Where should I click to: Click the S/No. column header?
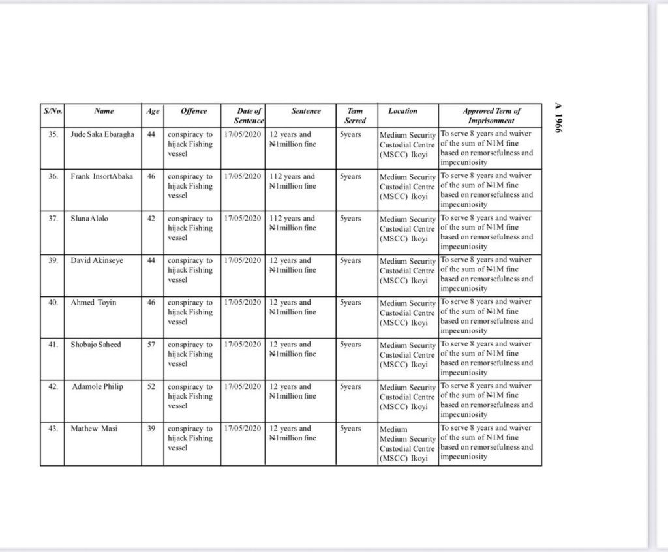tap(52, 112)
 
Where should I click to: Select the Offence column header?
tap(194, 112)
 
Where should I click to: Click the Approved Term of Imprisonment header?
tap(491, 116)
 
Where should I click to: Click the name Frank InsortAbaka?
tap(102, 176)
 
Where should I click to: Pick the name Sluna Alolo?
tap(90, 219)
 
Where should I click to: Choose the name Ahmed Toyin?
tap(94, 303)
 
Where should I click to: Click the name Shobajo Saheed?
tap(96, 345)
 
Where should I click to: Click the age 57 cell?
tap(151, 345)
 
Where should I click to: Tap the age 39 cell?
tap(151, 429)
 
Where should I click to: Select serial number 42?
tap(54, 386)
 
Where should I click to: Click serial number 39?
tap(54, 260)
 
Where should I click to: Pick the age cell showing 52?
tap(151, 386)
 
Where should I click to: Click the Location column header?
tap(402, 112)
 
